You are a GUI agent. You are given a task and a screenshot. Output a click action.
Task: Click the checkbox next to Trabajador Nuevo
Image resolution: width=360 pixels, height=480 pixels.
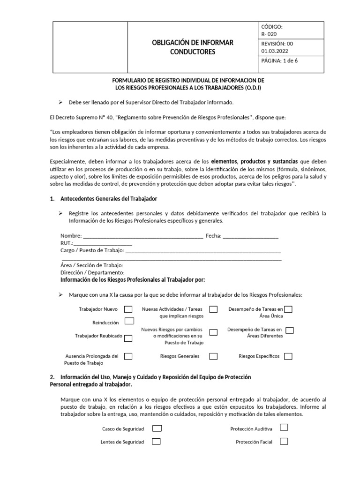(128, 309)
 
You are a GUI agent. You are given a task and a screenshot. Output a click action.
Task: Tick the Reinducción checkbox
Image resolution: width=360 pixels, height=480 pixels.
(129, 321)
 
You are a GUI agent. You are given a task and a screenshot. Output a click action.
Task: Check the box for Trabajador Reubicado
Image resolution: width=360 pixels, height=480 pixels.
(128, 336)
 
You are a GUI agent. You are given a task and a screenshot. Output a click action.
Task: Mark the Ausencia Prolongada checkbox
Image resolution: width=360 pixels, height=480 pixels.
(128, 356)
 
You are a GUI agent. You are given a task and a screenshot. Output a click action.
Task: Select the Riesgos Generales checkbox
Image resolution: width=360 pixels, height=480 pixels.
(214, 356)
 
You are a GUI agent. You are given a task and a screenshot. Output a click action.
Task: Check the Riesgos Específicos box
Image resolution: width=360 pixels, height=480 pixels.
(288, 356)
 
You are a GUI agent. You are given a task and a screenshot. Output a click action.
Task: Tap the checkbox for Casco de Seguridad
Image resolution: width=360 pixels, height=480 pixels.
(157, 428)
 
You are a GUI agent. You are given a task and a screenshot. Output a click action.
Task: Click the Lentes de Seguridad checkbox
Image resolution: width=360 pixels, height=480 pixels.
(156, 442)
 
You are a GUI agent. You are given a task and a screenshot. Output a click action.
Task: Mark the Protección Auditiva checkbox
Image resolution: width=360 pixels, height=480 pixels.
(284, 427)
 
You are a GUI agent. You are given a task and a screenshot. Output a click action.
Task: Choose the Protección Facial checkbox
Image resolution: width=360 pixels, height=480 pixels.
(284, 441)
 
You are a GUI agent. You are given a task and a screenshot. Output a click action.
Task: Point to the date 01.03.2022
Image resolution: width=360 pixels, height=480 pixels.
(275, 51)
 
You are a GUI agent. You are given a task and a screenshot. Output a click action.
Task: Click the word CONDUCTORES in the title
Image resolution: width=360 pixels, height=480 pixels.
(192, 52)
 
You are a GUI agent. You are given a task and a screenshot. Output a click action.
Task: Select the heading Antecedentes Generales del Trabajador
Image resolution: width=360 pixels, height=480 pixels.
(109, 199)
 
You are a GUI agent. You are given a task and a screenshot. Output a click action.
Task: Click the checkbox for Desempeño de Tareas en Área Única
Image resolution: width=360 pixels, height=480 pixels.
(288, 309)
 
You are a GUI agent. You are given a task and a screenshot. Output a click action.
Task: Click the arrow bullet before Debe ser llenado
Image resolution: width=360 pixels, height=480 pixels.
(60, 102)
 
